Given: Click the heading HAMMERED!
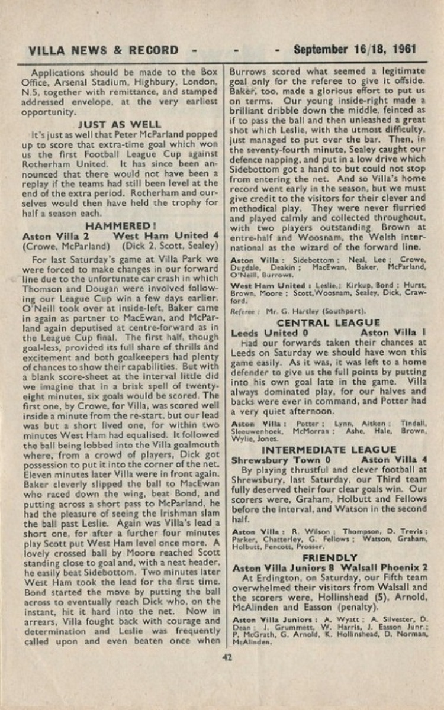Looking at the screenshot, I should pos(120,226).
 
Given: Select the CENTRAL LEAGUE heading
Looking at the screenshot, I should pos(329,322).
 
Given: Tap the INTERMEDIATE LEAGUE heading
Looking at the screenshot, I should pos(329,450).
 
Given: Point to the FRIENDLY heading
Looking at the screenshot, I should pos(330,558).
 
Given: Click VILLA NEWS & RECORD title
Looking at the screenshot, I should pos(99,50).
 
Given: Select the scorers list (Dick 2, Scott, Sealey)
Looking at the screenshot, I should pos(168,246).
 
